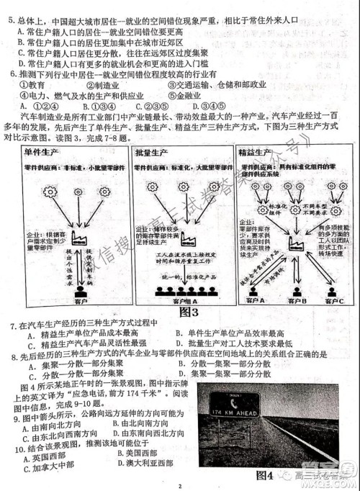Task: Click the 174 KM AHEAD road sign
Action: [232, 412]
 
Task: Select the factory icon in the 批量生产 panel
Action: [190, 238]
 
